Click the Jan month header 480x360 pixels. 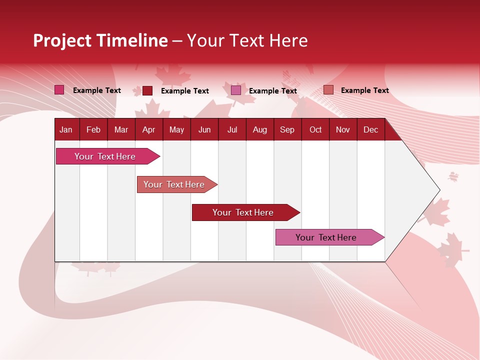66,129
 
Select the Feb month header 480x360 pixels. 93,129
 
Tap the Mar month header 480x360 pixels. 121,129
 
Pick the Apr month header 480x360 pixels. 148,129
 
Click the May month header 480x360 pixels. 176,129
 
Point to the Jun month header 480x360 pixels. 204,129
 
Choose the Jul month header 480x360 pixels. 232,129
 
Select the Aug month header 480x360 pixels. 259,129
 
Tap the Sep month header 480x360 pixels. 287,129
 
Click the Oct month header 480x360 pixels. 315,129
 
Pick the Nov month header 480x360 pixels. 343,129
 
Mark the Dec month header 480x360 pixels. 370,129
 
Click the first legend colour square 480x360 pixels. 59,90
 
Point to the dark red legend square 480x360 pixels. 147,90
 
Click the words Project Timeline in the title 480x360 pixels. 100,40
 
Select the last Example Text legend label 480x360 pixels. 364,90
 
